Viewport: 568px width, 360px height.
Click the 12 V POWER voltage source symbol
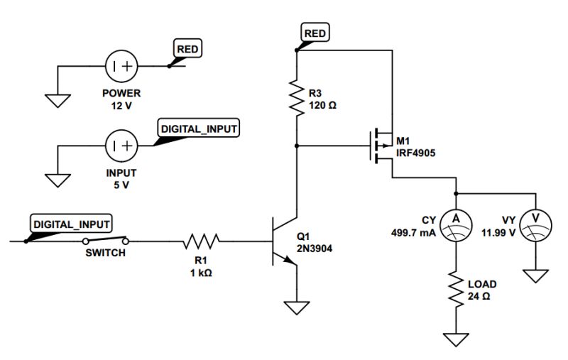(121, 67)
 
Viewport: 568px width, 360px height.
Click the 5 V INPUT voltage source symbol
(121, 146)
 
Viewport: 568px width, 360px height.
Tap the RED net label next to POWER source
(188, 48)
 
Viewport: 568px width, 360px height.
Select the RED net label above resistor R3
(315, 33)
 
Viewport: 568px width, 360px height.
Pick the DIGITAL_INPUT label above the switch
(71, 224)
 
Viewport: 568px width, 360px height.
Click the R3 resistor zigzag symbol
(296, 97)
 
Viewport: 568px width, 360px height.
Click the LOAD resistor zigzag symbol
(455, 290)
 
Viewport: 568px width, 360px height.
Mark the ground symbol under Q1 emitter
(296, 307)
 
